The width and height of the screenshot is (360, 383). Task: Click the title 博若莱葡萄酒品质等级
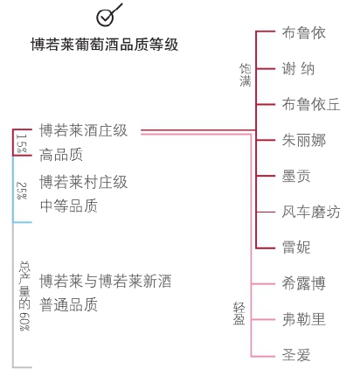coord(105,45)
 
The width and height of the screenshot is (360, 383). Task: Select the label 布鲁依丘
coord(311,104)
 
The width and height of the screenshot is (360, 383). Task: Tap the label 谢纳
coord(298,69)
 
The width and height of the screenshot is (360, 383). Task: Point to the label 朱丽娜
coord(304,140)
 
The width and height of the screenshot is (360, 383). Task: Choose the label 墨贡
coord(296,176)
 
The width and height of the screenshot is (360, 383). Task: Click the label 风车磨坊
coord(311,212)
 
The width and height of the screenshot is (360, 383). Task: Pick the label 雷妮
coord(296,247)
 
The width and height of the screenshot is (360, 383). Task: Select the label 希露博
coord(304,283)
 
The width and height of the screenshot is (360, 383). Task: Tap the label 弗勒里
coord(304,319)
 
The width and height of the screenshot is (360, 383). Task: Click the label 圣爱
coord(296,355)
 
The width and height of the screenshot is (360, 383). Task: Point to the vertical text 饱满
coord(246,75)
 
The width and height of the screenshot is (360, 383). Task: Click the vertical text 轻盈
coord(239,314)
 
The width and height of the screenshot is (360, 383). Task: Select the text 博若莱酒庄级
coord(83,130)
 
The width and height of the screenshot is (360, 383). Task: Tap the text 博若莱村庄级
coord(83,182)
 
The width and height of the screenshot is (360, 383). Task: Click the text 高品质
coord(61,155)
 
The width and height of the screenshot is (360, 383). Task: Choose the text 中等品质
coord(69,205)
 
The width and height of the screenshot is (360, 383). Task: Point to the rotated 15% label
coord(22,143)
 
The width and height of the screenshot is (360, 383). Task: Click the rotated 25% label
coord(22,191)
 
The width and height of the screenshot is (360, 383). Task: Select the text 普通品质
coord(68,305)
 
